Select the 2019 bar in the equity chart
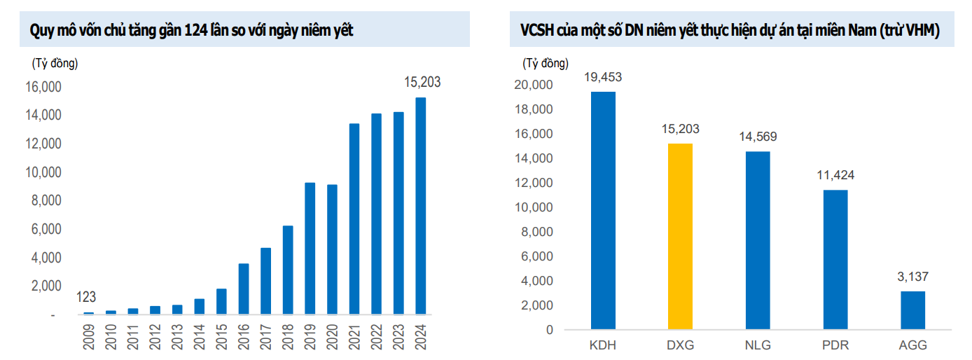coord(310,248)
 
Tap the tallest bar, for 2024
coord(421,206)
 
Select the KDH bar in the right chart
coord(603,210)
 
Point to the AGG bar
coord(912,310)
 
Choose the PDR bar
coord(835,259)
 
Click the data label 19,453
coord(603,77)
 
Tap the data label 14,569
coord(758,137)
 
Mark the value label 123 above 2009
coord(86,298)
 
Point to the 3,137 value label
coord(912,277)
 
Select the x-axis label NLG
coord(758,346)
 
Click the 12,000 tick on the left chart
coord(43,144)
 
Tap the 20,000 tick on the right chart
coord(534,85)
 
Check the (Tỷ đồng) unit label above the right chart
coord(546,64)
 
